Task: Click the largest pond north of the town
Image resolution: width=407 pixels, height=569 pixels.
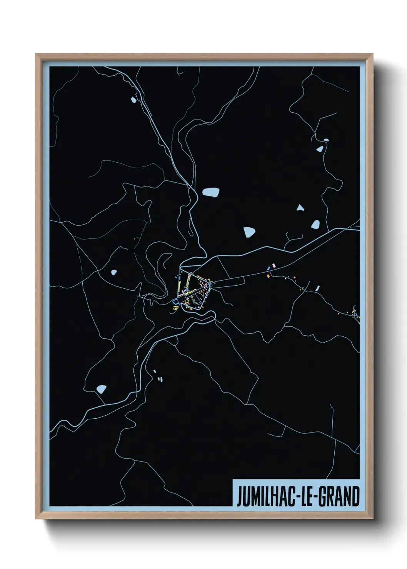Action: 211,192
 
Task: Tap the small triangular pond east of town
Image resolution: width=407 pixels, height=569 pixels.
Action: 300,208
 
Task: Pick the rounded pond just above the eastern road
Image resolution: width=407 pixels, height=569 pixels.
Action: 315,224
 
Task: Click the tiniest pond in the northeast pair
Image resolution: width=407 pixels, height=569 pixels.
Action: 326,140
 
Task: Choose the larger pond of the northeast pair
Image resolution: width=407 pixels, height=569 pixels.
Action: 319,149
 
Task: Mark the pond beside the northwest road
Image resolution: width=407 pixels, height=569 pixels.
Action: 133,100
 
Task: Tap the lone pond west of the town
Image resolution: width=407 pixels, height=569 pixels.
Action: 113,273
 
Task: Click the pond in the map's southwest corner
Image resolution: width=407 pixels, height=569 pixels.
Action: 102,389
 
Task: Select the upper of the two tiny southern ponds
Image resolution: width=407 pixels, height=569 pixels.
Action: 155,371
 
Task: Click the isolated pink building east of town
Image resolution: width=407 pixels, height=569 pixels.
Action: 274,265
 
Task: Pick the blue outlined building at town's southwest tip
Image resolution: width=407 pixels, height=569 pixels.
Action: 176,302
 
